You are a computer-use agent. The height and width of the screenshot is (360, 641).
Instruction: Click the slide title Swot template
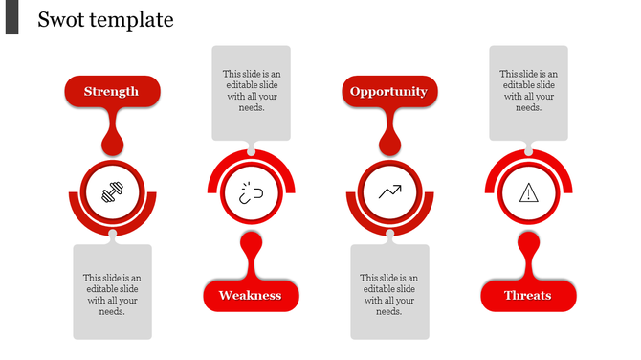(105, 19)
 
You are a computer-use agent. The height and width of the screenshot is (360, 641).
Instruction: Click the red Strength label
(112, 92)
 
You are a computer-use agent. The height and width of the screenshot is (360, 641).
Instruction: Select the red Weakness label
(251, 295)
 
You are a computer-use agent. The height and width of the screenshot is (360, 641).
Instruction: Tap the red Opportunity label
(388, 92)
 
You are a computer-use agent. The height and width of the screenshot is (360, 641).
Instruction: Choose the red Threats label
(528, 295)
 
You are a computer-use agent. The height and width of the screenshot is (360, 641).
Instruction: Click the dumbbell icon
(113, 193)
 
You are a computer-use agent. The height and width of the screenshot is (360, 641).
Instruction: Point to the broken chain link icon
(251, 192)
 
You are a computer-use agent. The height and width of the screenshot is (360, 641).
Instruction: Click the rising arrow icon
(389, 192)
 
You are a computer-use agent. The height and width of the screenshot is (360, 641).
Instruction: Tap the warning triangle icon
(528, 193)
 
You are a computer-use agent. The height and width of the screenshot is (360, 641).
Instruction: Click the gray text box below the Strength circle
(113, 292)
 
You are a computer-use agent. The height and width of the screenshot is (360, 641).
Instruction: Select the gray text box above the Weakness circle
(251, 93)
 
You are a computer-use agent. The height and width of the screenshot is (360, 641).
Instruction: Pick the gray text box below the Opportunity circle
(389, 292)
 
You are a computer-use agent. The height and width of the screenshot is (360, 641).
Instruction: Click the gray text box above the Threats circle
(528, 93)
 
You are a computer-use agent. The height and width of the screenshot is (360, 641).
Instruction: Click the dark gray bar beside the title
(11, 17)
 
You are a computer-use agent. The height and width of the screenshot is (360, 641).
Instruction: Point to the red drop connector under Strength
(113, 134)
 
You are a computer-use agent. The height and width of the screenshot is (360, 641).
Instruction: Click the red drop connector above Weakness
(251, 252)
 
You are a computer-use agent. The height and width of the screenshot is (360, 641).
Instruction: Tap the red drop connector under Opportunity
(389, 134)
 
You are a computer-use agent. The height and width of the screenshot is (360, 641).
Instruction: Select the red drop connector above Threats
(528, 252)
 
